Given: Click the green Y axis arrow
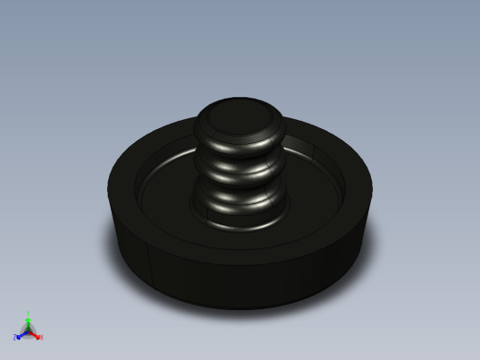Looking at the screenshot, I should pos(28,322).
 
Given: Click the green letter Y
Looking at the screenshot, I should pos(28,315).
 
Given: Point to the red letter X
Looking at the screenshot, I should pos(41,337).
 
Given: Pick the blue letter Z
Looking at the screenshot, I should pos(16,338).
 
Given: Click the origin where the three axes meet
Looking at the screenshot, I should pos(28,330).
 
